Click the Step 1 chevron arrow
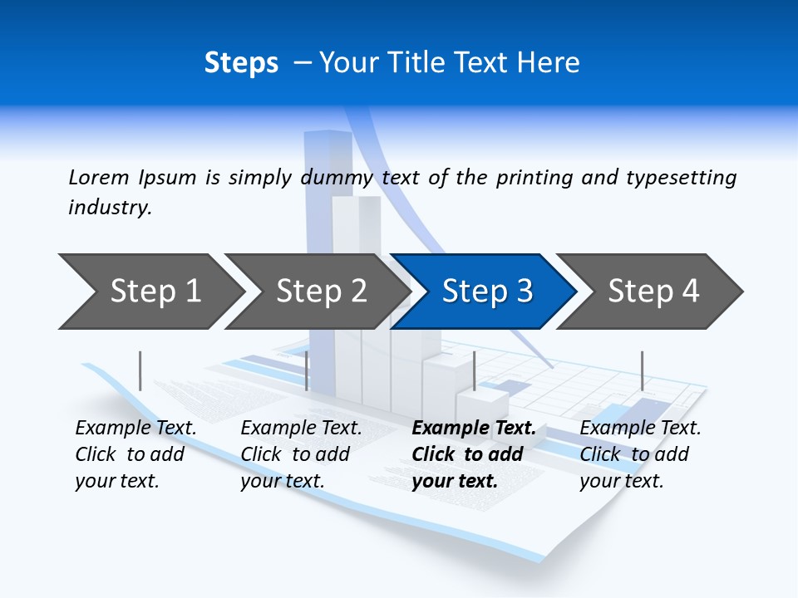click(x=155, y=292)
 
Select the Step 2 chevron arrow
click(x=321, y=292)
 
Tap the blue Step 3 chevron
click(x=487, y=292)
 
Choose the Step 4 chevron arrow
click(x=653, y=292)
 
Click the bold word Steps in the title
click(x=241, y=63)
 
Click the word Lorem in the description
click(x=99, y=177)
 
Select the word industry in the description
click(x=110, y=208)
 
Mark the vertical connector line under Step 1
click(x=140, y=370)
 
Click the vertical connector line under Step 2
click(x=307, y=370)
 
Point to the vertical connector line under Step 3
click(x=474, y=370)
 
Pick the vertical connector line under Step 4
click(x=642, y=370)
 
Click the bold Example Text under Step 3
click(x=474, y=429)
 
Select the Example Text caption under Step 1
click(x=135, y=429)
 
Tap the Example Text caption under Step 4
click(x=640, y=429)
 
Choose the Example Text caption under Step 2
click(x=301, y=429)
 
